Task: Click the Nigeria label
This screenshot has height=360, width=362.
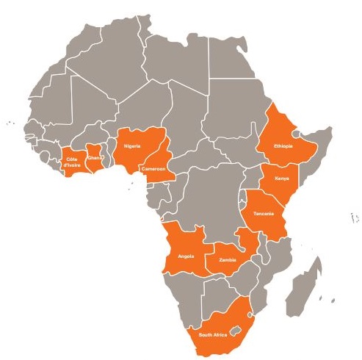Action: point(132,146)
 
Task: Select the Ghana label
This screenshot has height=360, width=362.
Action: point(94,157)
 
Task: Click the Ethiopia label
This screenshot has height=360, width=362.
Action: point(283,146)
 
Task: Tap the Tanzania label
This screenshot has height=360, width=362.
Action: point(264,213)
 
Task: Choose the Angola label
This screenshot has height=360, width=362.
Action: point(186,256)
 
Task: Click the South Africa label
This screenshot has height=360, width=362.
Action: point(214,335)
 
